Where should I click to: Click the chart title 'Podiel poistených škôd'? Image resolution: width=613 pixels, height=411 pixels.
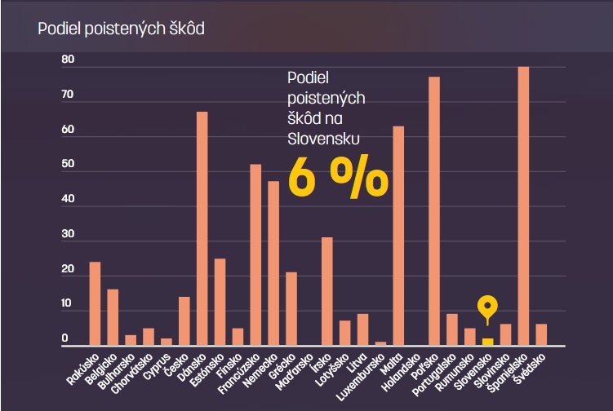pyautogui.click(x=121, y=29)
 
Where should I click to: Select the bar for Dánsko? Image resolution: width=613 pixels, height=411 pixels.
pyautogui.click(x=202, y=228)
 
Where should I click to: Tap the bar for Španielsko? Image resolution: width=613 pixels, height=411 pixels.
pyautogui.click(x=523, y=206)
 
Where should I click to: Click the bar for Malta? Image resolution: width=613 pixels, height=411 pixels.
pyautogui.click(x=398, y=236)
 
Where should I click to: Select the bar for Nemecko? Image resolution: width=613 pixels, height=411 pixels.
pyautogui.click(x=273, y=263)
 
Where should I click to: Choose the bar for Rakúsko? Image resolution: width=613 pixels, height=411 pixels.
pyautogui.click(x=95, y=303)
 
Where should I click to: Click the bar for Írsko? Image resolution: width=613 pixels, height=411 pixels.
pyautogui.click(x=326, y=291)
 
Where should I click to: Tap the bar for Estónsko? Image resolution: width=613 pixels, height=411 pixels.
pyautogui.click(x=220, y=302)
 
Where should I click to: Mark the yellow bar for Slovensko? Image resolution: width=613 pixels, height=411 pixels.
pyautogui.click(x=487, y=342)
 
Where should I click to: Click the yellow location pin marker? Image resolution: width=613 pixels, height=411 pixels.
pyautogui.click(x=487, y=308)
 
